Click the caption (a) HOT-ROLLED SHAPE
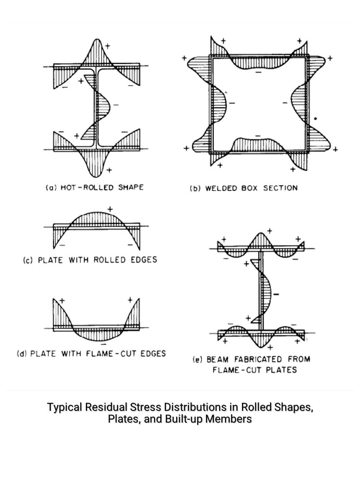94,188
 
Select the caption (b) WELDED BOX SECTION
243,188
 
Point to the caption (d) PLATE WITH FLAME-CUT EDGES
91,354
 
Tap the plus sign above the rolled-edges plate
110,209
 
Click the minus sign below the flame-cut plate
103,344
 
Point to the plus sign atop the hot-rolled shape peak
108,45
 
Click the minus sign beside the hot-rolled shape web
116,105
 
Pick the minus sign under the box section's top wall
258,72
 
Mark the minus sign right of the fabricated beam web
276,295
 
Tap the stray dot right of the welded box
315,119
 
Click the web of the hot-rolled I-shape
96,107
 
